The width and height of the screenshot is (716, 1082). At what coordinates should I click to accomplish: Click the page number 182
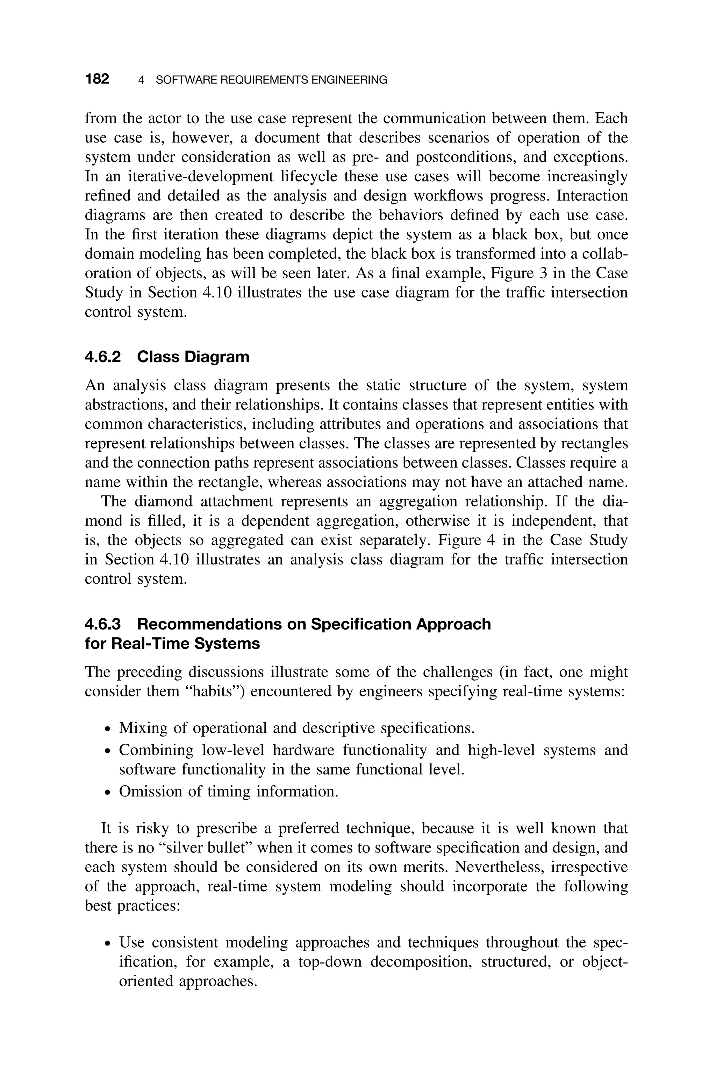point(97,79)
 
